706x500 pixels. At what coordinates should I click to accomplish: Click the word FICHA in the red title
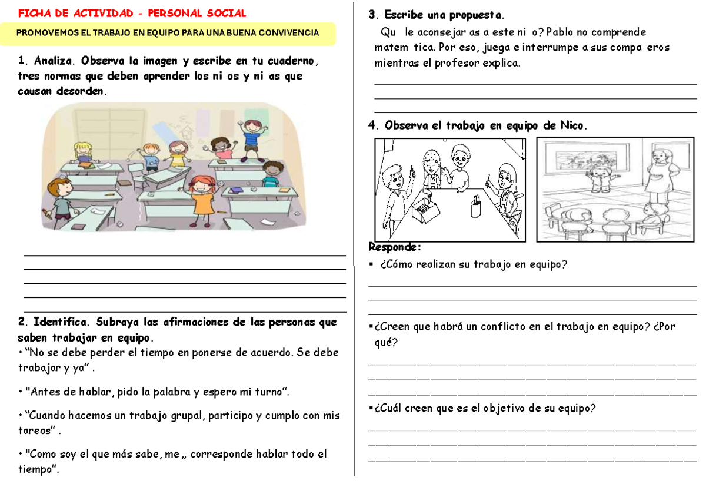pos(32,14)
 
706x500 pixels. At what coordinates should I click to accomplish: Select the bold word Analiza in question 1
pos(55,61)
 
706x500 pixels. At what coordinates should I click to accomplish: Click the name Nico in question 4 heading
pos(572,125)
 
